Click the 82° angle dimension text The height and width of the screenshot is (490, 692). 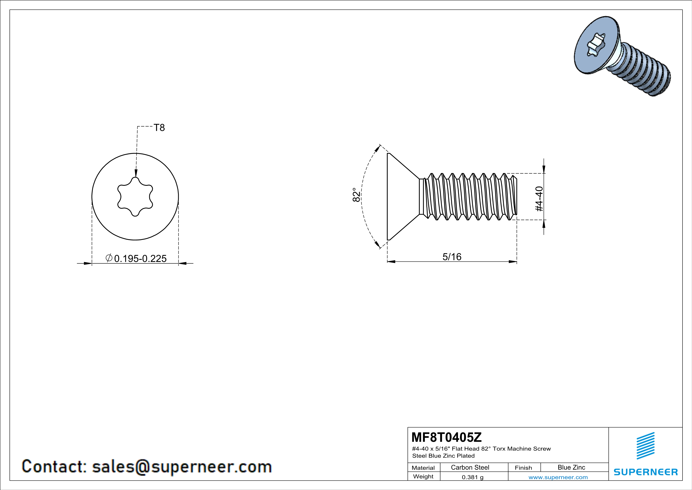[356, 195]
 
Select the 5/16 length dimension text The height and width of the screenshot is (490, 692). [452, 257]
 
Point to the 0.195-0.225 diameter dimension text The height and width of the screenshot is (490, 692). [140, 259]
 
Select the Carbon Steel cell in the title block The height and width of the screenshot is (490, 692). [470, 467]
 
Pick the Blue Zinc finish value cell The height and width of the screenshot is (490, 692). [571, 467]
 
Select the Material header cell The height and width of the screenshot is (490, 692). [423, 468]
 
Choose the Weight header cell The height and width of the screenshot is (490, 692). [423, 476]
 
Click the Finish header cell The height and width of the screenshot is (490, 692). [523, 468]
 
